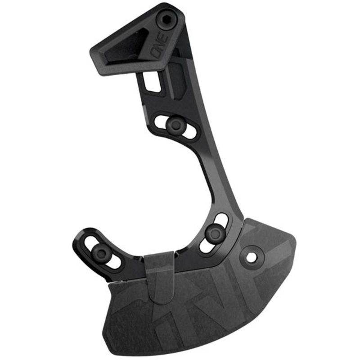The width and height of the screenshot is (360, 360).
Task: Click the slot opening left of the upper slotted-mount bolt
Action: click(x=161, y=120)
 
